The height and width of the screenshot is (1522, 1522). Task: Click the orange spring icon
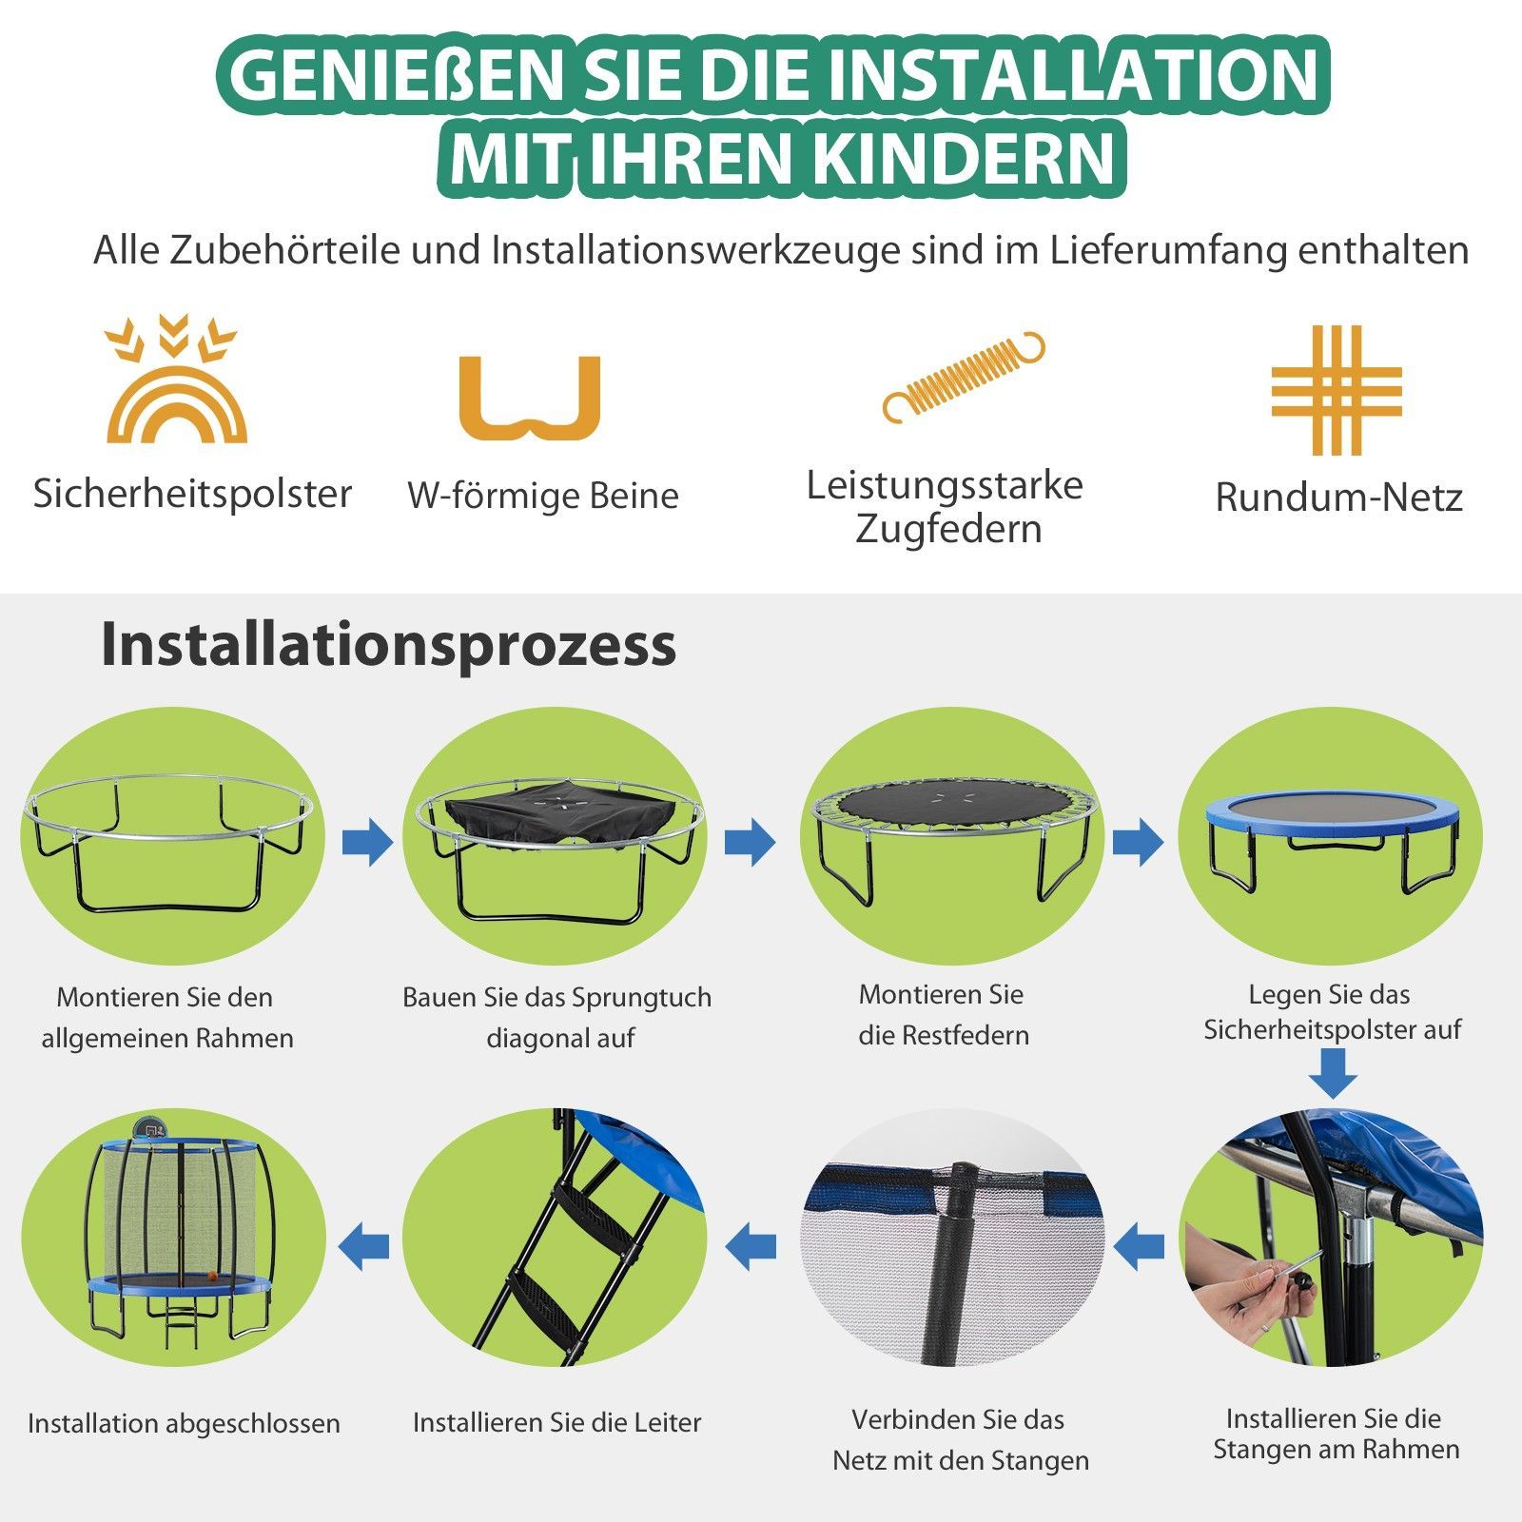[964, 377]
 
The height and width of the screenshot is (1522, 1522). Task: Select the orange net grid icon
[1337, 390]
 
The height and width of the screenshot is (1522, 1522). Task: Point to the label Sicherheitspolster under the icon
[192, 493]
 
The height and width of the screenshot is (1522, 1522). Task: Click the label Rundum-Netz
[1338, 497]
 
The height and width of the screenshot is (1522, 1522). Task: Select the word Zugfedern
[948, 529]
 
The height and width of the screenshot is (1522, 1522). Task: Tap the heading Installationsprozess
[388, 645]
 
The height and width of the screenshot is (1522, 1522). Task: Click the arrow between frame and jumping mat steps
[366, 841]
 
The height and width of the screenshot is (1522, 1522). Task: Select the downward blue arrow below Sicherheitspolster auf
[1333, 1074]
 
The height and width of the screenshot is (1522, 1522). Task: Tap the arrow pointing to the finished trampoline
[364, 1245]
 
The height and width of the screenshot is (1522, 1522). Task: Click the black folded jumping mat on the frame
[561, 815]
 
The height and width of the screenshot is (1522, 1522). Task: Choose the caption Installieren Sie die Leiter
[556, 1422]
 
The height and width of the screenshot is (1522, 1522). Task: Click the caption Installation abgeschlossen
[184, 1423]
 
